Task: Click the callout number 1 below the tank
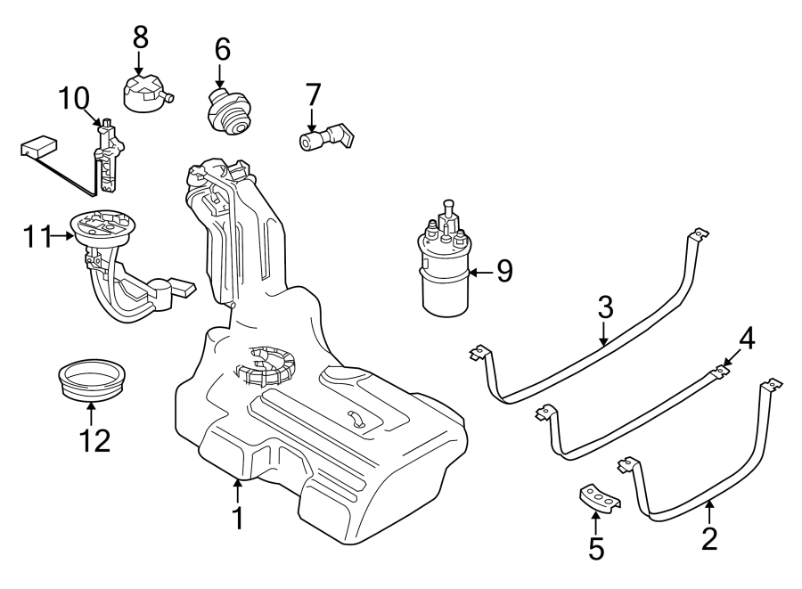click(237, 518)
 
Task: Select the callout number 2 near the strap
click(709, 538)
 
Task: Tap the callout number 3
click(604, 308)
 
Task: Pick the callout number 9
click(504, 271)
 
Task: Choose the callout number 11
click(38, 236)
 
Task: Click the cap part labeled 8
click(144, 92)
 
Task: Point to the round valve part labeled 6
click(225, 111)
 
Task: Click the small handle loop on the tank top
click(356, 418)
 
